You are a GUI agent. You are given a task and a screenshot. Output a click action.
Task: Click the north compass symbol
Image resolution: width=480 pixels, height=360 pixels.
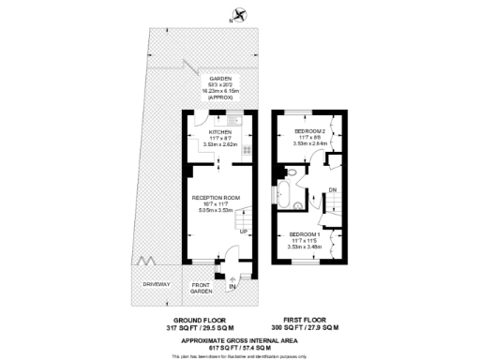(243, 14)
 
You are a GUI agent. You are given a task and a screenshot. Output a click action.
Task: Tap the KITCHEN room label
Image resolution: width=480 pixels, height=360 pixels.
(220, 132)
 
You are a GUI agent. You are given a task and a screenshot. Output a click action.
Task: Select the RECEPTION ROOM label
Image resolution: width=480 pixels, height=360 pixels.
(217, 198)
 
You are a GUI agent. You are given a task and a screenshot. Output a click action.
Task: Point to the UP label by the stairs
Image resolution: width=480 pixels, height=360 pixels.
(244, 231)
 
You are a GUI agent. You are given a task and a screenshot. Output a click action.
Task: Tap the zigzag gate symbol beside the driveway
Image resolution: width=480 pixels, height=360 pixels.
(143, 262)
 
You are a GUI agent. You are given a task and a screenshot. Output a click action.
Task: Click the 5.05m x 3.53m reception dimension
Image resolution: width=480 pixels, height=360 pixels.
(217, 211)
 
